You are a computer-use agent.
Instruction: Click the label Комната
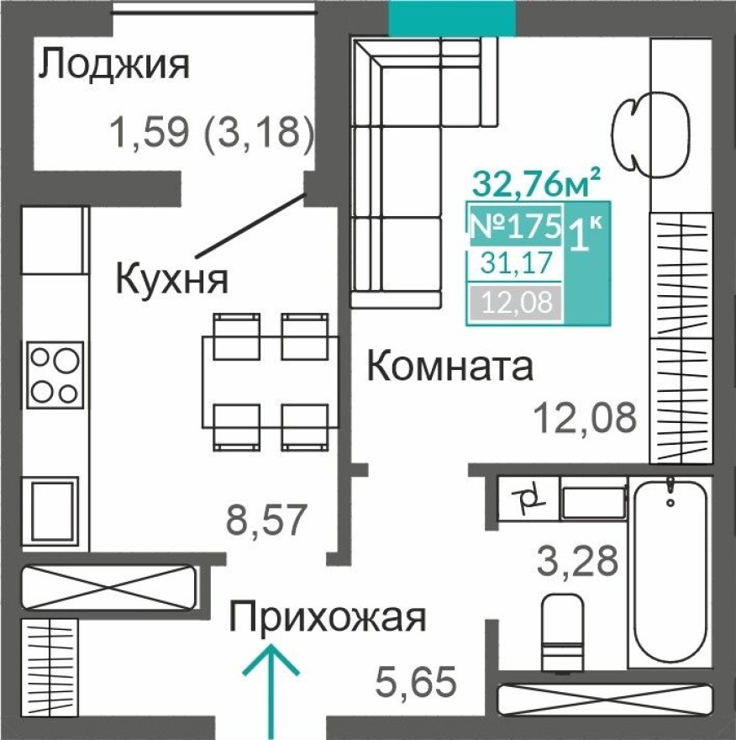coord(451,367)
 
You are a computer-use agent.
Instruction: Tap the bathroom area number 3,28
coord(578,559)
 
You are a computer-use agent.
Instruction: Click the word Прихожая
coord(329,618)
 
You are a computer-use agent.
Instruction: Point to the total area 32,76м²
coord(537,181)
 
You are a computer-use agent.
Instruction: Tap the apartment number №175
coord(514,225)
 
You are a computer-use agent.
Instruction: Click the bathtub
coord(670,572)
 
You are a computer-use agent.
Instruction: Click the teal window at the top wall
coord(452,18)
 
